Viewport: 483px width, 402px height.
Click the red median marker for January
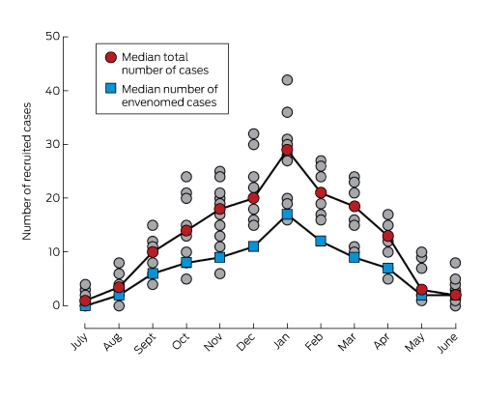click(x=287, y=150)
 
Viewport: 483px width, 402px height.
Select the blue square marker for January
click(x=287, y=215)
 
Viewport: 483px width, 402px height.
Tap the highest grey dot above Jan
click(x=287, y=80)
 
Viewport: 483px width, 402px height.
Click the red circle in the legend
click(x=111, y=57)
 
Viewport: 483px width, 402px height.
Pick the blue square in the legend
click(x=111, y=88)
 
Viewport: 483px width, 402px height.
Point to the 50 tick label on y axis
click(x=53, y=36)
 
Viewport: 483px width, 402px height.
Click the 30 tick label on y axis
click(x=53, y=144)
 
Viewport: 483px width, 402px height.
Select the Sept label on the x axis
click(x=145, y=343)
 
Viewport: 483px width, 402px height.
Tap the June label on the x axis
click(x=447, y=343)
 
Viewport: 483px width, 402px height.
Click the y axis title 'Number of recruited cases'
click(x=27, y=171)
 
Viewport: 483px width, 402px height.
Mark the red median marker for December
click(x=253, y=198)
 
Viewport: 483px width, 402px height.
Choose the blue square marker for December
click(x=253, y=246)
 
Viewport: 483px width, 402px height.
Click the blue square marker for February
click(x=321, y=241)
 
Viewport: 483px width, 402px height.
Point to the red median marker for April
click(x=388, y=236)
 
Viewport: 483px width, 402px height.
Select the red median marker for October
click(x=186, y=231)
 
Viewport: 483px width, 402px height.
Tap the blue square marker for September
click(x=153, y=273)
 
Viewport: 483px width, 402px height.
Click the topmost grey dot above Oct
click(x=186, y=177)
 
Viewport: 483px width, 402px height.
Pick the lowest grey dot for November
click(x=219, y=273)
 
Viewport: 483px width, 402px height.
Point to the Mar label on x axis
click(x=348, y=342)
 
